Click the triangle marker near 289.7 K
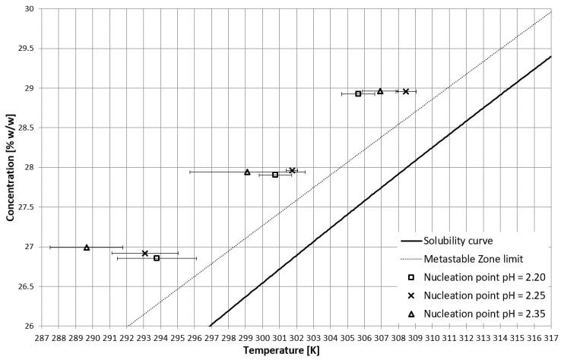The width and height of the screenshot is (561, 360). (87, 247)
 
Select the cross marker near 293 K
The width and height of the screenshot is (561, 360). (144, 253)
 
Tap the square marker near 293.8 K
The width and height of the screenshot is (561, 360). (157, 258)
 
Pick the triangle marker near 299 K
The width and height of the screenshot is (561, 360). (247, 172)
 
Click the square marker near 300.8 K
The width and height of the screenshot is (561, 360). (275, 175)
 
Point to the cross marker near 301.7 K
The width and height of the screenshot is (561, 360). (292, 170)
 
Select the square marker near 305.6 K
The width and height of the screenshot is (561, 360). (358, 93)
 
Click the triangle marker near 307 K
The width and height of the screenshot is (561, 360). (380, 91)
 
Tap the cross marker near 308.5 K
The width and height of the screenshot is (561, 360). (406, 91)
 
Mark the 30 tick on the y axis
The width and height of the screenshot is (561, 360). (31, 9)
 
